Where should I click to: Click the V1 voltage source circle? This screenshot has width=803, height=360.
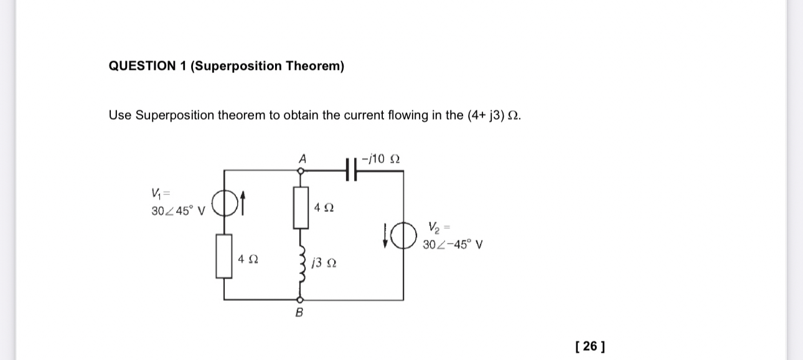tap(223, 202)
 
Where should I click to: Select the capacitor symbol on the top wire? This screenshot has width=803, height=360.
tap(350, 168)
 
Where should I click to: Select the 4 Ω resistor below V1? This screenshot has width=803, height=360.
tap(224, 256)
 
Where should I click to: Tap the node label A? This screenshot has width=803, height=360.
tap(303, 159)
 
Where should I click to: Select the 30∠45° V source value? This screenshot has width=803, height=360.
tap(178, 211)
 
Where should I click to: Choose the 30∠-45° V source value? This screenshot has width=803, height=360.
tap(452, 245)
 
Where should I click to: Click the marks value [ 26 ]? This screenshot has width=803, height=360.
tap(590, 346)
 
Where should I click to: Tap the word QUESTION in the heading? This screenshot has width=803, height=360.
tap(142, 66)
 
